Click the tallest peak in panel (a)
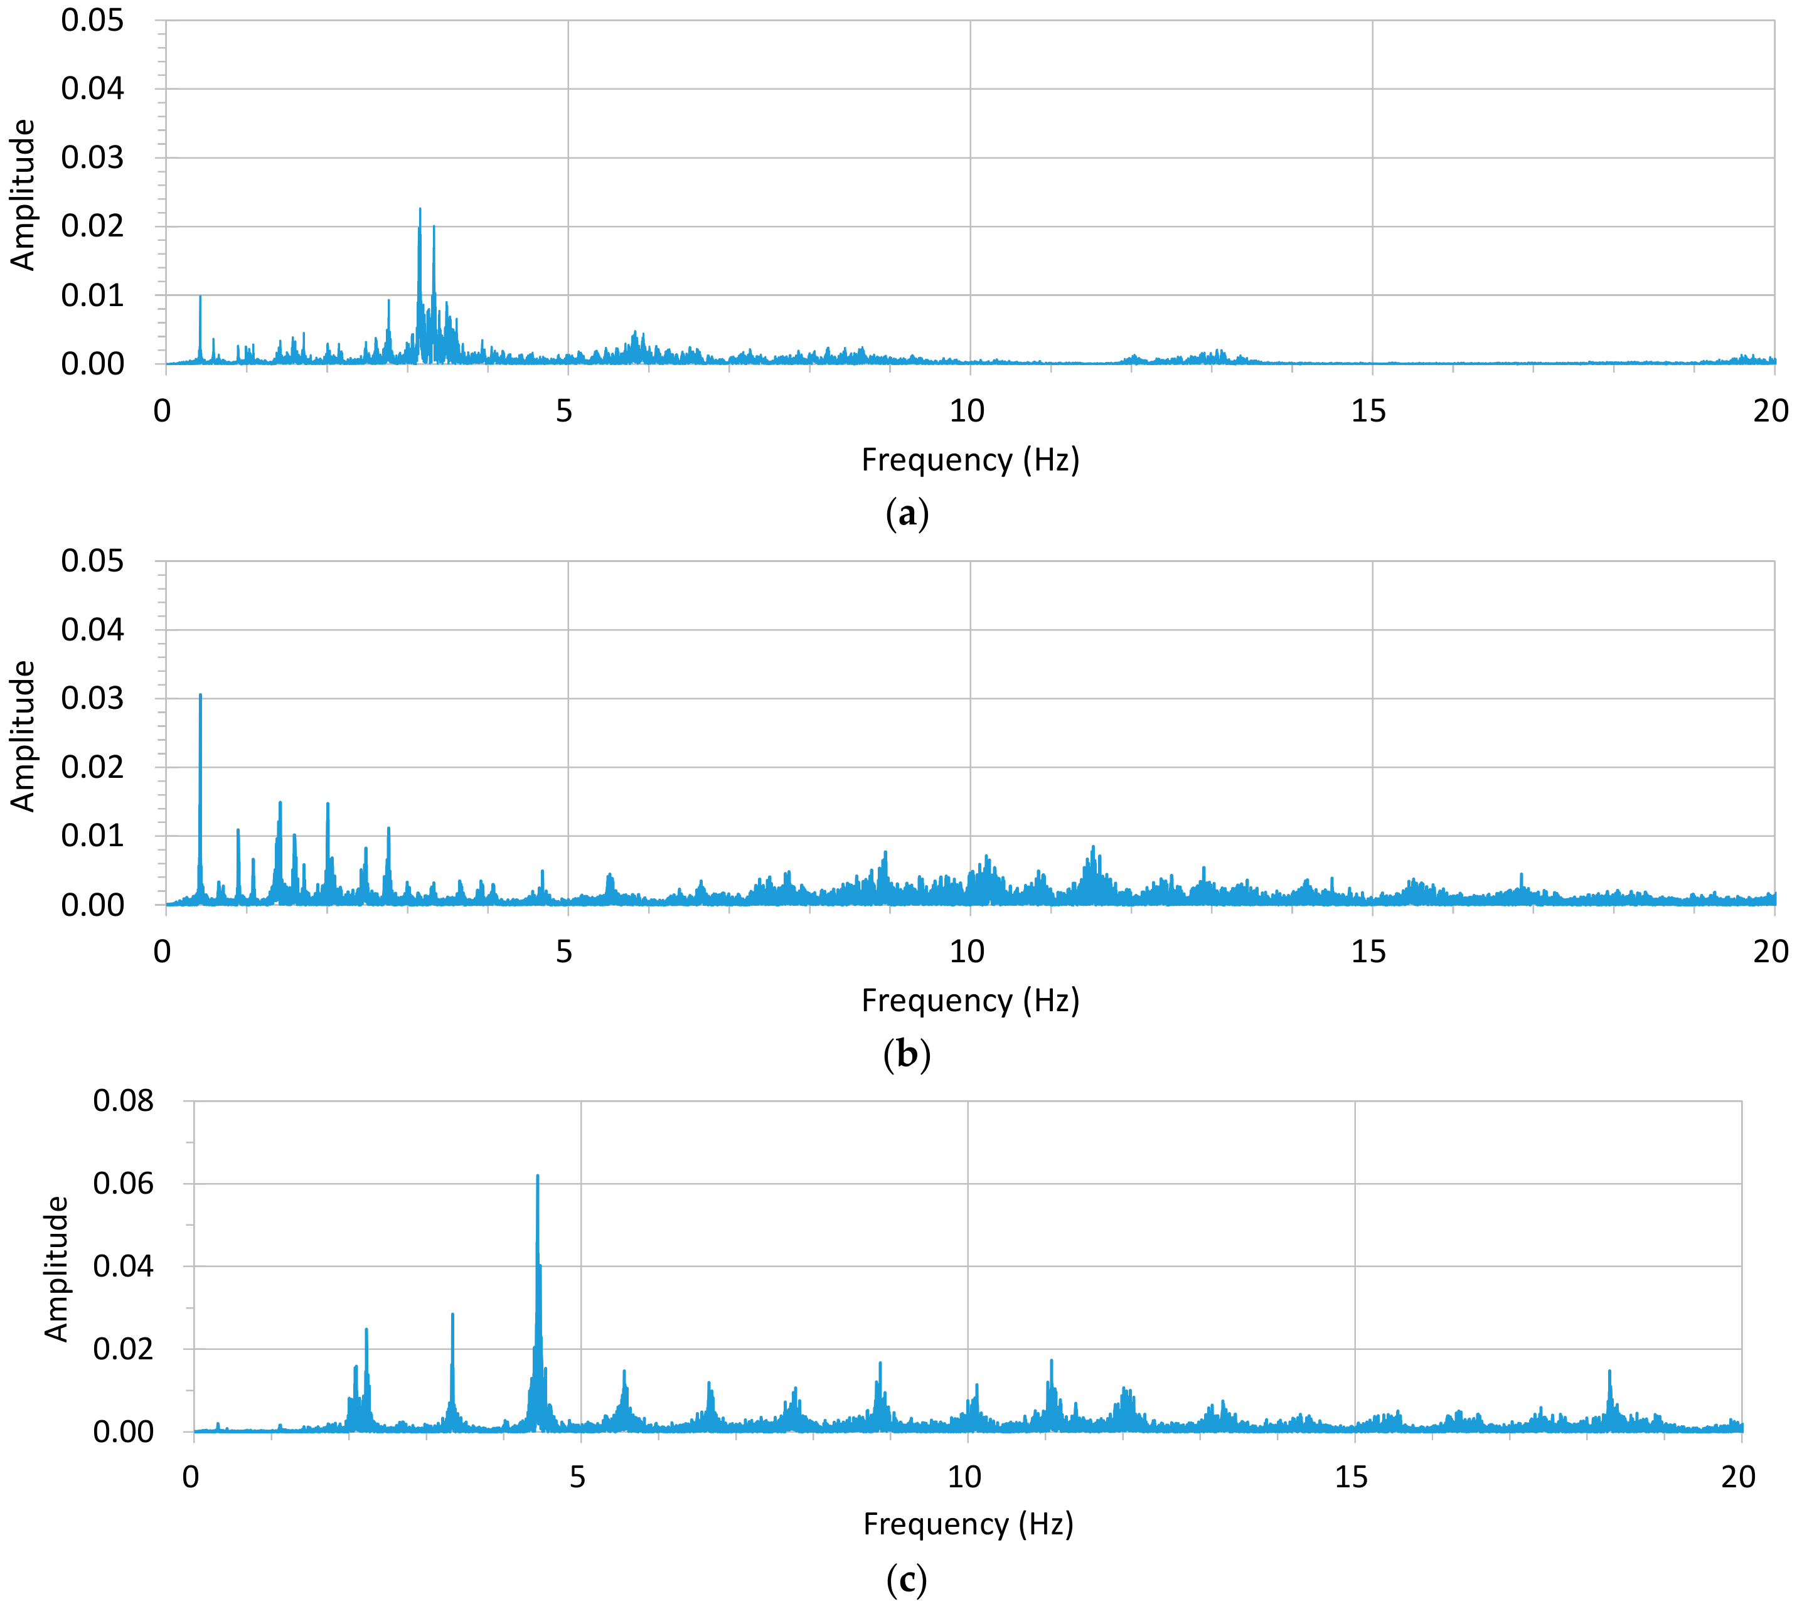[x=420, y=210]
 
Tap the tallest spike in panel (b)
[x=201, y=696]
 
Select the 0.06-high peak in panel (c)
[x=537, y=1177]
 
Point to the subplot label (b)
[x=907, y=1054]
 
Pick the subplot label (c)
[x=907, y=1580]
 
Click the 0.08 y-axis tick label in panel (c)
[x=123, y=1102]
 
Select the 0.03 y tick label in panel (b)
[x=92, y=698]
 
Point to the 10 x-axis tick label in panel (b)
[x=967, y=952]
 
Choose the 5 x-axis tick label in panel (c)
[x=577, y=1477]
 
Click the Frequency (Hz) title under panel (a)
[x=970, y=460]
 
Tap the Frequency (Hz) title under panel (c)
[x=968, y=1524]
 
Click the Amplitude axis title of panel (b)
[x=23, y=736]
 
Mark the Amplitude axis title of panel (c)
[x=56, y=1268]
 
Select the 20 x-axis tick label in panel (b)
[x=1771, y=952]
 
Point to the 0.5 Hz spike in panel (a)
[x=200, y=297]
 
